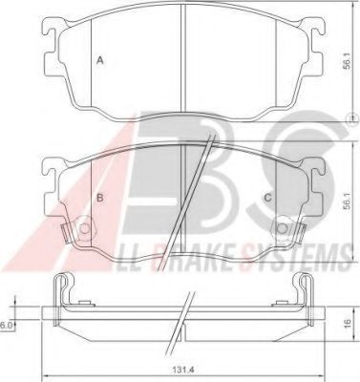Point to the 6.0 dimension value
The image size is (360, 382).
[7, 325]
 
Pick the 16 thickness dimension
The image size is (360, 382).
[350, 324]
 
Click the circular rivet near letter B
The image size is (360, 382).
[84, 229]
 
